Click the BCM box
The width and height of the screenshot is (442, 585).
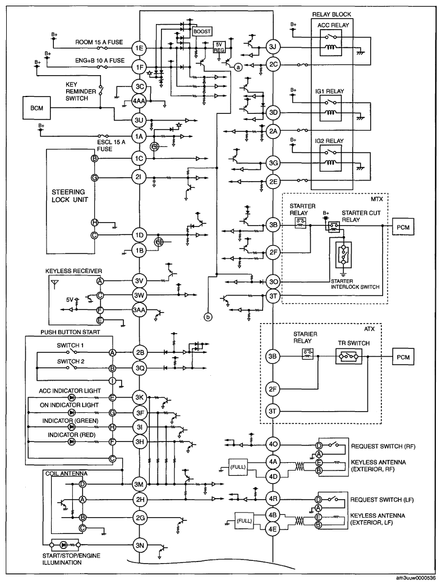[x=36, y=108]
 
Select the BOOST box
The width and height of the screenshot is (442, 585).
[x=202, y=32]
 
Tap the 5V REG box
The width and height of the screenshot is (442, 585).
[x=219, y=47]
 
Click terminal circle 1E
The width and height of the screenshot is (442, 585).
[x=140, y=48]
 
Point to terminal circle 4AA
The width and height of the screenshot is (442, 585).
[x=140, y=100]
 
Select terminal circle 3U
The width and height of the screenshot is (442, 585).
[x=140, y=120]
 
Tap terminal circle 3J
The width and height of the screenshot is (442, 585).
[x=273, y=47]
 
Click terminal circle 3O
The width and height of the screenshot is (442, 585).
[x=273, y=282]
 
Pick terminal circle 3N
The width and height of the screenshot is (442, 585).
[x=140, y=545]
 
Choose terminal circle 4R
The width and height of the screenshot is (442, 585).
[x=273, y=499]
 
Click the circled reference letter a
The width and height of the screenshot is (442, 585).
[x=238, y=67]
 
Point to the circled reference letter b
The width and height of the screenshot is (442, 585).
[x=208, y=317]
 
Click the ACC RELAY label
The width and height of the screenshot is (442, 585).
[x=333, y=25]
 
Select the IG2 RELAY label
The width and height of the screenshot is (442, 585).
[x=329, y=141]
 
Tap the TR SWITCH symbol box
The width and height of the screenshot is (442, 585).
[x=349, y=357]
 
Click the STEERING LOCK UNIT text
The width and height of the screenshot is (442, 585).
[x=70, y=196]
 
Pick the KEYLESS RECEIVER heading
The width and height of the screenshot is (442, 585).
[x=73, y=271]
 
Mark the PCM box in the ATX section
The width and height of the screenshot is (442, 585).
[x=403, y=357]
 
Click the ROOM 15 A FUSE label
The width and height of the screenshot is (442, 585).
[x=99, y=42]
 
